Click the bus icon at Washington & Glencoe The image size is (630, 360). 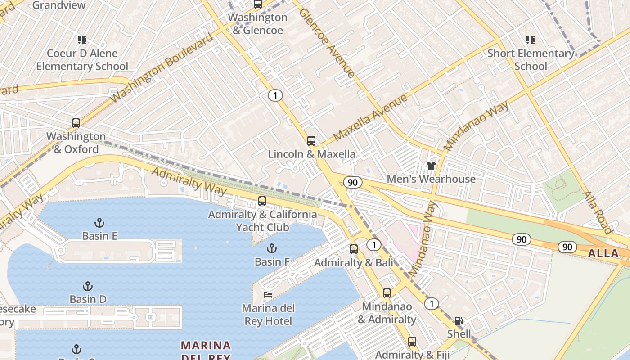point(257,4)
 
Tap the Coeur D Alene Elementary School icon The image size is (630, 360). point(82,40)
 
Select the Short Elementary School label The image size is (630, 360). point(531,59)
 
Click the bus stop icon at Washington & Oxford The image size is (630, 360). point(76,123)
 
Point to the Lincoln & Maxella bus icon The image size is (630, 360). point(311,140)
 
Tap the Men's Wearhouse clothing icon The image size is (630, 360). point(431,166)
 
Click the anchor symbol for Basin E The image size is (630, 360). point(99,222)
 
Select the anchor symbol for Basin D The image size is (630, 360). point(88,286)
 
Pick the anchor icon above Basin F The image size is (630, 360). point(271,248)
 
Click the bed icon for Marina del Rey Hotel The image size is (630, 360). point(268,295)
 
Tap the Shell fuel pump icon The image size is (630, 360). point(459,321)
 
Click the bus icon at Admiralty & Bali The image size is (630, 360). point(354,249)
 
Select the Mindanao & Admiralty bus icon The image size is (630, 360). point(387,293)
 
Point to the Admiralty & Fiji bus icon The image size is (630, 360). point(412,341)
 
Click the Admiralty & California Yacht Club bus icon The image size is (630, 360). point(262,201)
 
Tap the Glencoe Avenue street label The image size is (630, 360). point(327,43)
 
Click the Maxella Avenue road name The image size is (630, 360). point(370,117)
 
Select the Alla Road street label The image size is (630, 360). point(597,212)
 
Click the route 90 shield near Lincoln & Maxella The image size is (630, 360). point(352,182)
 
